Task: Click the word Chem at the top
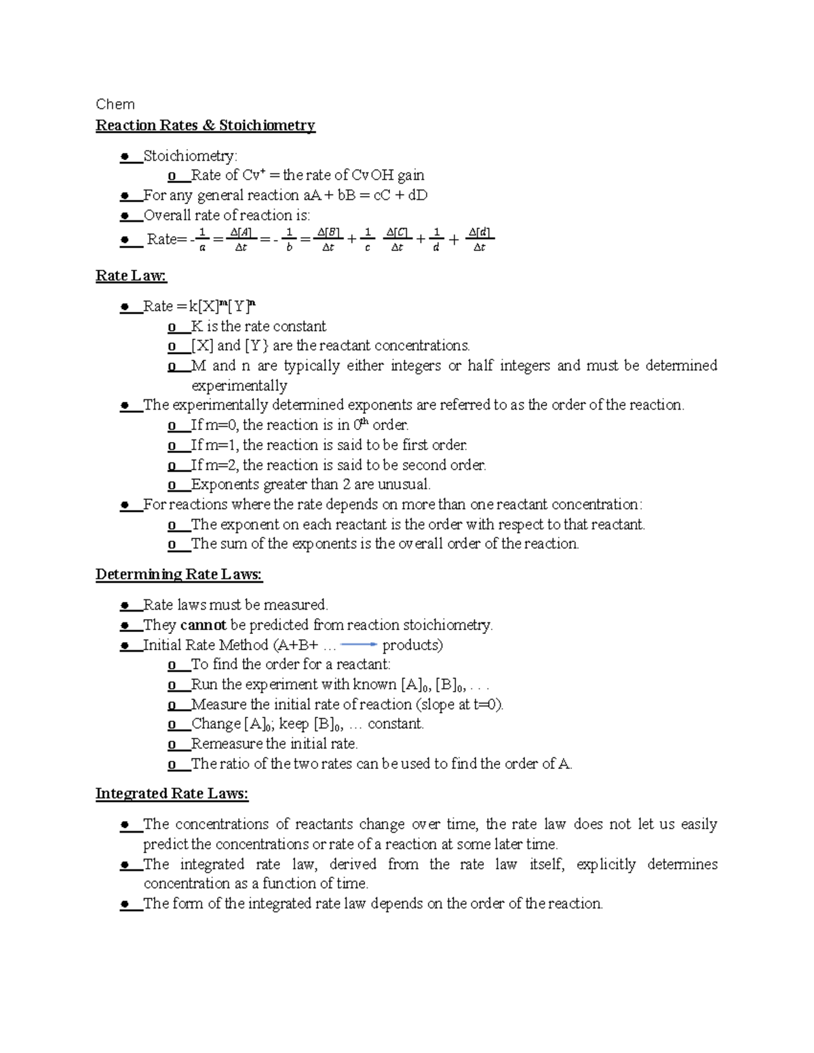pos(115,104)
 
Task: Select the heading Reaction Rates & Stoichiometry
pos(205,125)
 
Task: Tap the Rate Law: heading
pos(131,276)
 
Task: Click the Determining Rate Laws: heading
pos(178,575)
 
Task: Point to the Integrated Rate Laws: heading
pos(172,794)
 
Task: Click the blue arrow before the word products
pos(358,645)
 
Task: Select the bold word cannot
pos(203,625)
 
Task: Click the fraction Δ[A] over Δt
pos(241,239)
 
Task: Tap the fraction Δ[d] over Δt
pos(480,239)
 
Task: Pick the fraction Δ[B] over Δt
pos(328,239)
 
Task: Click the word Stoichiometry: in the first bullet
pos(190,157)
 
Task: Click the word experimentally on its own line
pos(239,386)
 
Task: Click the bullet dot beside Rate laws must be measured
pos(125,605)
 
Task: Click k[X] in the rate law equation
pos(204,307)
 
